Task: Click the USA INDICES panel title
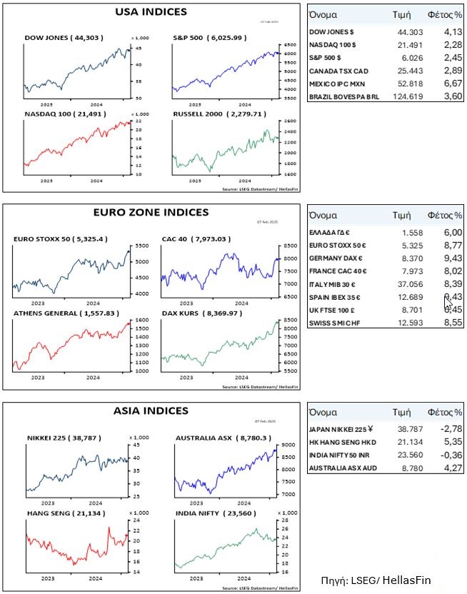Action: [151, 11]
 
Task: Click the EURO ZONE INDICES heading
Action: [151, 212]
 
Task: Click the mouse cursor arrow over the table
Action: [448, 300]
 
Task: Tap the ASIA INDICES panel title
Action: [151, 411]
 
